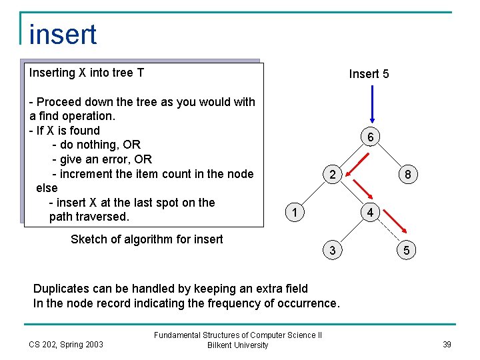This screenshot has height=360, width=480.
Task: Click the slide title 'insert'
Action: pyautogui.click(x=63, y=35)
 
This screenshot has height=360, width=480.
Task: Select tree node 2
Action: pyautogui.click(x=332, y=175)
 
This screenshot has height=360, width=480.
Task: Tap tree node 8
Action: pyautogui.click(x=407, y=175)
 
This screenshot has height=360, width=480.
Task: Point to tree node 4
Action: pyautogui.click(x=370, y=213)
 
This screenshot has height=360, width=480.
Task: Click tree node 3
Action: pyautogui.click(x=332, y=251)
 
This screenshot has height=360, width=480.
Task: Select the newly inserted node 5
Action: pyautogui.click(x=407, y=251)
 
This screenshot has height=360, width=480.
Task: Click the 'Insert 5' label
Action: pyautogui.click(x=369, y=74)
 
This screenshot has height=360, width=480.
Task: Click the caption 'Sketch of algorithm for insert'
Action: pyautogui.click(x=147, y=239)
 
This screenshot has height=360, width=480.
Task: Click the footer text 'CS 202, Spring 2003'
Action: pyautogui.click(x=66, y=344)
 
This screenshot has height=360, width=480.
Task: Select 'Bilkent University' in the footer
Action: pyautogui.click(x=237, y=345)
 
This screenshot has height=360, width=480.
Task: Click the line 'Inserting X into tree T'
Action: pyautogui.click(x=87, y=73)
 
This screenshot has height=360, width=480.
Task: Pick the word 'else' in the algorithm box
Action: pyautogui.click(x=47, y=188)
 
